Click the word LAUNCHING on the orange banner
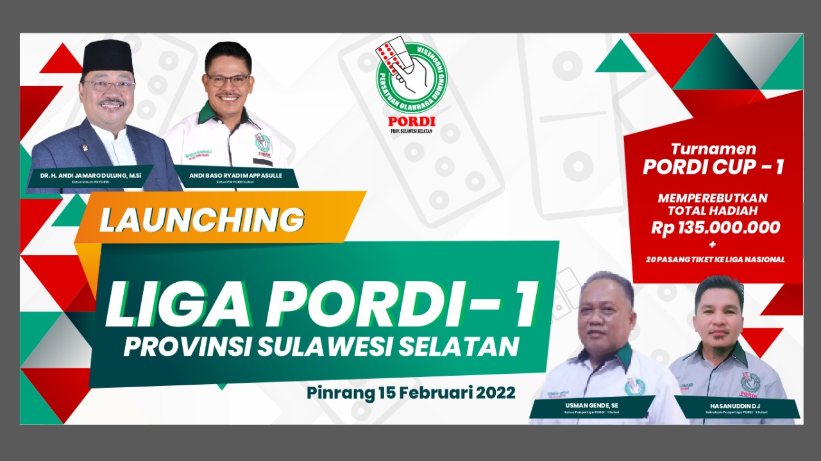click(201, 220)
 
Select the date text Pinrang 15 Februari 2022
click(410, 392)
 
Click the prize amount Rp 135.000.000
click(715, 228)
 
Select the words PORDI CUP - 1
click(713, 166)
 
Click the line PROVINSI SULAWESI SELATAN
click(321, 347)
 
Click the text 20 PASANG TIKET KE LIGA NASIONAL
click(715, 259)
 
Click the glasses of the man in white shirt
click(228, 81)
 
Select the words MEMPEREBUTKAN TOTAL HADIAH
click(712, 204)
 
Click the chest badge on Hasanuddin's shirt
click(749, 383)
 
